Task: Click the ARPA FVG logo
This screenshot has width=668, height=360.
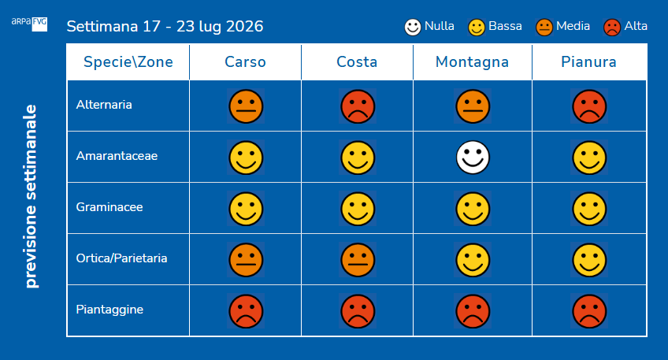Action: click(x=29, y=24)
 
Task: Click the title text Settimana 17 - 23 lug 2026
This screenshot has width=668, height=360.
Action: click(x=165, y=27)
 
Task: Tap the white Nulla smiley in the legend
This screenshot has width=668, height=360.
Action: click(x=413, y=28)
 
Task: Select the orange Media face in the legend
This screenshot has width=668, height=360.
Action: click(x=544, y=28)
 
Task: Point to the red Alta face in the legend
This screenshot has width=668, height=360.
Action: click(x=612, y=28)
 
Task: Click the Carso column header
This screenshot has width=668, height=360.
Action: click(x=246, y=62)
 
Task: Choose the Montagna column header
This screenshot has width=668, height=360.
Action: click(x=472, y=62)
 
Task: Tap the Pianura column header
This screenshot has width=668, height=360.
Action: click(x=588, y=62)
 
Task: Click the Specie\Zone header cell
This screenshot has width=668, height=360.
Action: click(x=128, y=62)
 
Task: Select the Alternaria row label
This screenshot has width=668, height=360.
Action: click(x=104, y=105)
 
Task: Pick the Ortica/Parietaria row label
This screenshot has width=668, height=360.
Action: click(x=121, y=258)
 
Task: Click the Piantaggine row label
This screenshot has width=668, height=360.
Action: click(x=109, y=310)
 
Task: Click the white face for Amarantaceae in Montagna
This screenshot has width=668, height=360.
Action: click(x=473, y=158)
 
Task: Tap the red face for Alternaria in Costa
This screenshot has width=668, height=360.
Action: click(x=358, y=106)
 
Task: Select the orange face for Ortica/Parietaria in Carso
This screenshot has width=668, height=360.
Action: click(x=246, y=260)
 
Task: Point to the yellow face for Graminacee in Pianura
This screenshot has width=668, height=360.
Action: click(x=589, y=209)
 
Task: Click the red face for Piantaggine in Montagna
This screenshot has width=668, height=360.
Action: click(x=473, y=311)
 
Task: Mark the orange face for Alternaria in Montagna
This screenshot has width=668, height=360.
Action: click(x=473, y=106)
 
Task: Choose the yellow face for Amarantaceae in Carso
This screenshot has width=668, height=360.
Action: click(x=246, y=158)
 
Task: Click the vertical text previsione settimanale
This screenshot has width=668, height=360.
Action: click(x=31, y=196)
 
